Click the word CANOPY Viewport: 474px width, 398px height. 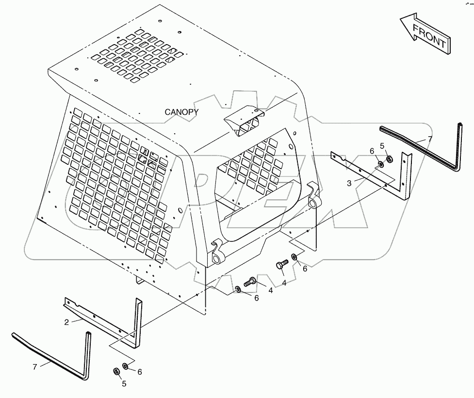pos(181,112)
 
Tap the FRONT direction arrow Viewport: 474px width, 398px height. pos(425,35)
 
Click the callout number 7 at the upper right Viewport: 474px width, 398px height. pos(429,140)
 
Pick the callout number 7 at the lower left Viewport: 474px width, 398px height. pos(34,367)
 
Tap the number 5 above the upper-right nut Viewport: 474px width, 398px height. pos(382,145)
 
